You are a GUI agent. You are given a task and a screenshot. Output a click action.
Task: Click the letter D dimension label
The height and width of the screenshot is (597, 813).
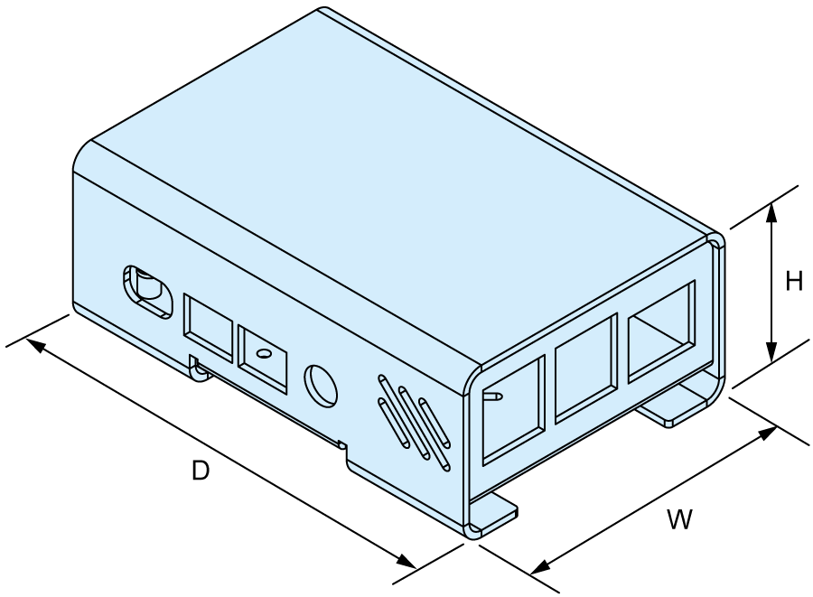click(x=201, y=471)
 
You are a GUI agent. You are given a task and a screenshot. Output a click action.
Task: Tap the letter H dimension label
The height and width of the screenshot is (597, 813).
click(x=794, y=282)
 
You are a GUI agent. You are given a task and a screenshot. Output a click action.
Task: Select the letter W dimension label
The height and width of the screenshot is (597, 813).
click(x=679, y=520)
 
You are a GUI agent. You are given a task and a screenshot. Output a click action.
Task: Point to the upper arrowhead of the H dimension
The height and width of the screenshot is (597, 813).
click(x=772, y=212)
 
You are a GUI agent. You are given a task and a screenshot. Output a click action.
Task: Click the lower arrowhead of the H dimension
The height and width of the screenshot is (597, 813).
click(x=772, y=352)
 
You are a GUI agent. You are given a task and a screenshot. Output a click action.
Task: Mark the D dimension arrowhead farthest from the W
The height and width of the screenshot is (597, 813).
click(x=34, y=345)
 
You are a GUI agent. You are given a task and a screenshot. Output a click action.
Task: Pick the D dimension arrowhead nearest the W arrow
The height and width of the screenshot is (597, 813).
click(x=406, y=561)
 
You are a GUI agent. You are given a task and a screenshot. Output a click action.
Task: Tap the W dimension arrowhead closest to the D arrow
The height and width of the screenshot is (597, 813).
click(x=540, y=567)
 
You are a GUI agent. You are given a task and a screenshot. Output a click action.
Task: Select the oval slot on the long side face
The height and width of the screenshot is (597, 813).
click(x=148, y=292)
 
